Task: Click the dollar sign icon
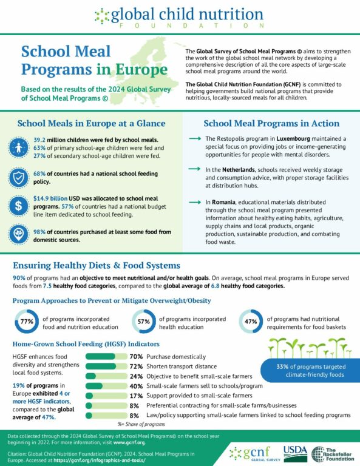(x=18, y=206)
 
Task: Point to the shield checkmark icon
(x=18, y=177)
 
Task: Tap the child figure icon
(x=18, y=147)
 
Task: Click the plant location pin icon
(x=18, y=234)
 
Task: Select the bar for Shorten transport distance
(x=106, y=366)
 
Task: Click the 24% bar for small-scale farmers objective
(x=106, y=376)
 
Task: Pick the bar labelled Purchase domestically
(x=106, y=356)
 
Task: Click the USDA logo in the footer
(x=295, y=453)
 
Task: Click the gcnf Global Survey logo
(x=255, y=454)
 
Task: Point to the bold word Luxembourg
(x=293, y=138)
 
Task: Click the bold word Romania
(x=223, y=202)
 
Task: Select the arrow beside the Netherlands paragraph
(x=195, y=169)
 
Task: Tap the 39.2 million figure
(x=39, y=140)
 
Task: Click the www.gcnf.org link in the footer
(x=129, y=442)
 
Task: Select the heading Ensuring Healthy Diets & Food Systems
(x=97, y=265)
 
